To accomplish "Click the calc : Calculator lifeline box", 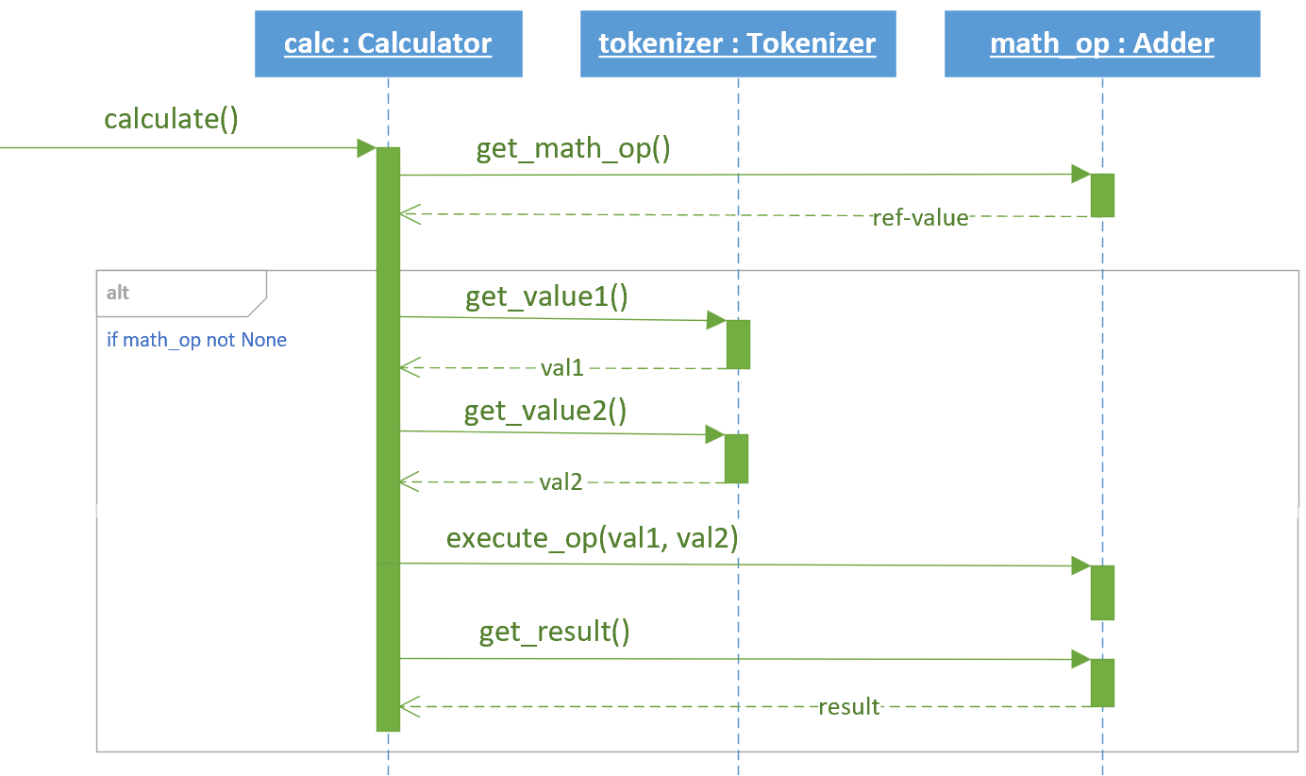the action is click(x=388, y=43).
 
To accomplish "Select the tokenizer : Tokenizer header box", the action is click(x=738, y=43).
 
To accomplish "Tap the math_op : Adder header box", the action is click(x=1102, y=43).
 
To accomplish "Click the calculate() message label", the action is click(x=171, y=120).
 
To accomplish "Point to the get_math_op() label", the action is click(x=573, y=149).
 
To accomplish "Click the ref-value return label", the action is click(x=920, y=218).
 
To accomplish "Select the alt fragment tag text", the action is click(x=117, y=293).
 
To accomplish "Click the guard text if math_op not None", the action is click(x=196, y=340).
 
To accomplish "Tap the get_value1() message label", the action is click(x=546, y=297).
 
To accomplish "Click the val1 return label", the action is click(x=562, y=368).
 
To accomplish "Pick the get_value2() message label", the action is click(x=545, y=412).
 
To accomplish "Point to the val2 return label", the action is click(x=561, y=482).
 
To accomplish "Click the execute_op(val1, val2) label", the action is click(x=593, y=538).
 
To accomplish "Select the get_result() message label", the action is click(x=555, y=632).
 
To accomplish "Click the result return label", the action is click(x=849, y=706).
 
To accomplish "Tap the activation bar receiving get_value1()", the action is click(x=738, y=345).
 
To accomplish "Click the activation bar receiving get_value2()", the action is click(x=736, y=459).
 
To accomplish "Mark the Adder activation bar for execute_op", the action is click(x=1102, y=593).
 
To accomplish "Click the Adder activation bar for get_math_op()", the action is click(x=1102, y=195).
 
